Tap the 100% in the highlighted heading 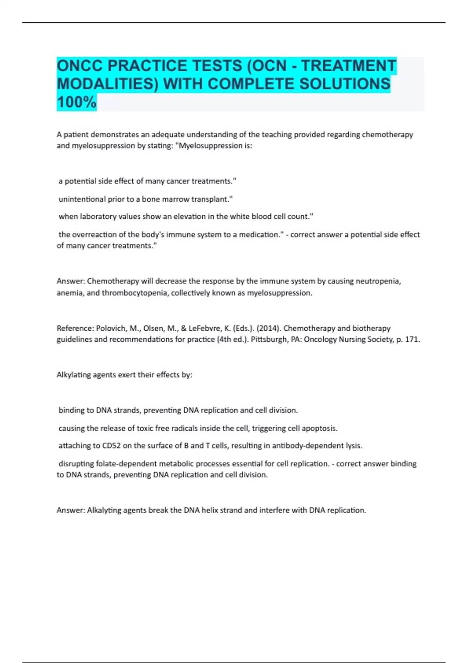click(76, 102)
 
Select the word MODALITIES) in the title click(107, 84)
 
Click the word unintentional click(82, 199)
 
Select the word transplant click(213, 199)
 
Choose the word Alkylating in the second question click(73, 375)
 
